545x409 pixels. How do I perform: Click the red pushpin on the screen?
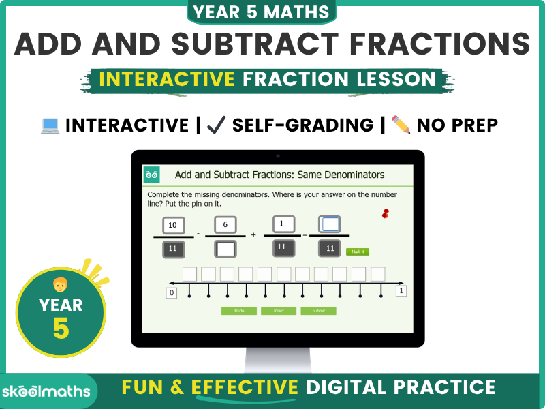click(x=386, y=215)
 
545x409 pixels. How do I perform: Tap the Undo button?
click(x=239, y=311)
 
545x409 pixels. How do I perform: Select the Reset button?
click(x=279, y=311)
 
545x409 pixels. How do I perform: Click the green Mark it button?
click(x=357, y=252)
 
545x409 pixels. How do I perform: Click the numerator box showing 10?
click(x=172, y=225)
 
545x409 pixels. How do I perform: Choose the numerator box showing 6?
click(x=225, y=225)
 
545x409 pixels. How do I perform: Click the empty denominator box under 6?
click(x=225, y=249)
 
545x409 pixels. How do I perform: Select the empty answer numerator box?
click(x=330, y=224)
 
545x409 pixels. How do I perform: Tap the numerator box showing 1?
click(x=282, y=224)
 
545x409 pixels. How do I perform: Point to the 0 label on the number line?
click(x=172, y=293)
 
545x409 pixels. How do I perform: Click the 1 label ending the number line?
click(x=401, y=291)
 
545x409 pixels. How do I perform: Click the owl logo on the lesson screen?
click(x=152, y=175)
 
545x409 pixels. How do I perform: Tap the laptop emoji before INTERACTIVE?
click(x=50, y=125)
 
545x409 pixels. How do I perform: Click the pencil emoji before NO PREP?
click(x=401, y=125)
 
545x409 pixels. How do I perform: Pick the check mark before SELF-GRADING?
click(x=217, y=125)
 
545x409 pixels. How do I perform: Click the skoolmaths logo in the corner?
click(x=46, y=390)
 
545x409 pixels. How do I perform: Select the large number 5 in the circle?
click(x=61, y=328)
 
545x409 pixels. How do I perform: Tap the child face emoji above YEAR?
click(x=60, y=284)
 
